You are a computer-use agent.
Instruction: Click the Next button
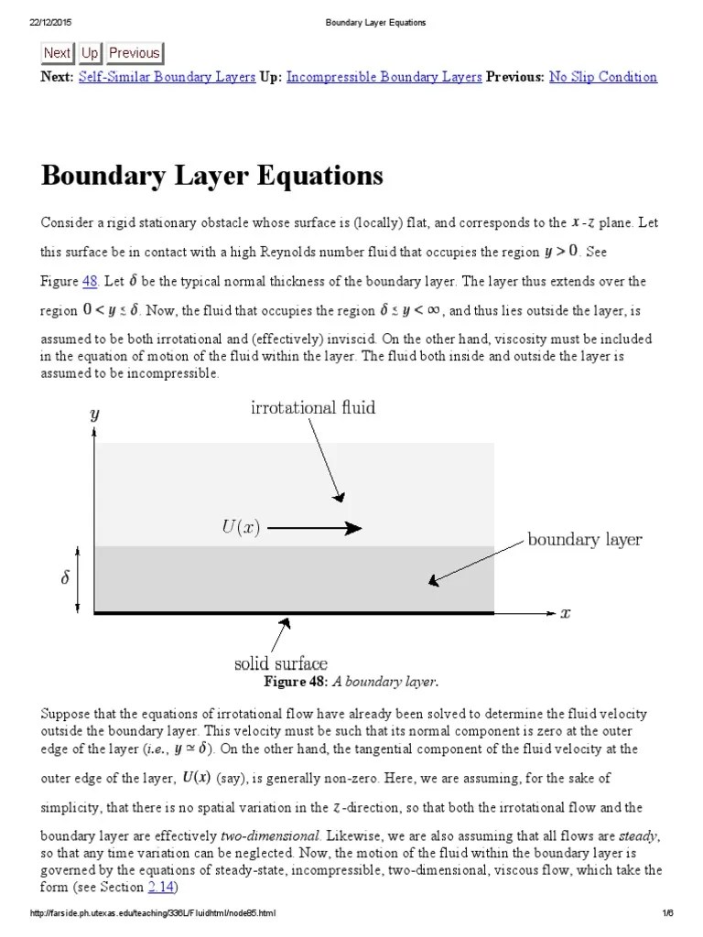coord(57,53)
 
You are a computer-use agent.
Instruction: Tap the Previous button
coord(134,53)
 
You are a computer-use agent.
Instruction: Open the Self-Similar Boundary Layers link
coord(167,77)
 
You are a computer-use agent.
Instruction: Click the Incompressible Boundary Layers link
coord(384,77)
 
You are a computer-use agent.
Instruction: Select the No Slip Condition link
coord(602,77)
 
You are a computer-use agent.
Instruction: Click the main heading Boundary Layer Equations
coord(211,175)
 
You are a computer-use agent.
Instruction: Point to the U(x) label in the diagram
coord(241,528)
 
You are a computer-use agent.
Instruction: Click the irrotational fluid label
coord(313,407)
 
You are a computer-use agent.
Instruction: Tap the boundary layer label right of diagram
coord(584,539)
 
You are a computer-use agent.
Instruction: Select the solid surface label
coord(281,662)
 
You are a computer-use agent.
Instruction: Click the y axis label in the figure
coord(94,415)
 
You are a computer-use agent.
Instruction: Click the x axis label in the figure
coord(565,613)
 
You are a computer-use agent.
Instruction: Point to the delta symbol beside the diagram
coord(65,580)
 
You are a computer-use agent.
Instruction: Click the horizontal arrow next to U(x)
coord(315,528)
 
